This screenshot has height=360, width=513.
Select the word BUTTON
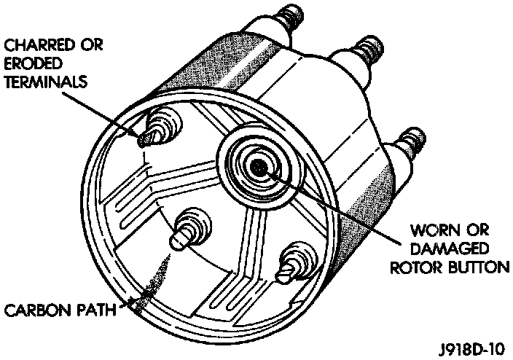(476, 267)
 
